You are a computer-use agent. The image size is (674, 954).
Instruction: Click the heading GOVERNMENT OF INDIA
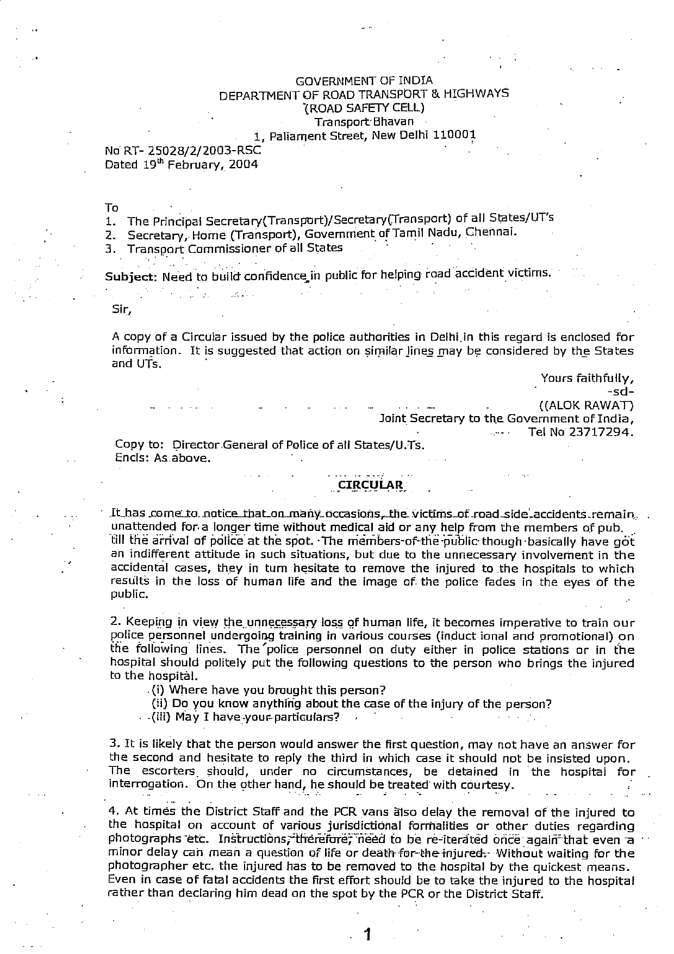364,81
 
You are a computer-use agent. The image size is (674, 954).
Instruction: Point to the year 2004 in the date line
243,164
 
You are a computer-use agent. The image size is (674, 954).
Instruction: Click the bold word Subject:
130,276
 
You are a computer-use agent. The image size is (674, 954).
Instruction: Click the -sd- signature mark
621,392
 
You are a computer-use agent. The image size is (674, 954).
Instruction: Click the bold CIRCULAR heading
370,485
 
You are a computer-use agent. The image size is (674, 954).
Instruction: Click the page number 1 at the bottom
368,935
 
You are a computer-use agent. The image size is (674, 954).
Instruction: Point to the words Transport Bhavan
364,122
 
